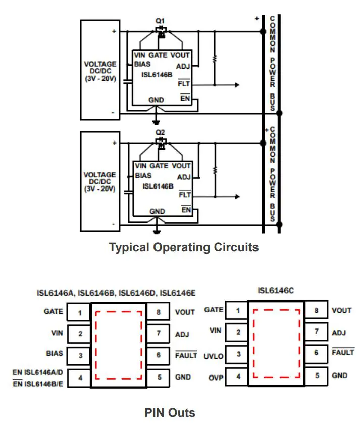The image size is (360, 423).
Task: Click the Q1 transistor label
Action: point(160,21)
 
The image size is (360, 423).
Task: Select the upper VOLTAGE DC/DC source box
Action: point(100,70)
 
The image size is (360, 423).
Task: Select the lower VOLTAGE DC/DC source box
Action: point(100,181)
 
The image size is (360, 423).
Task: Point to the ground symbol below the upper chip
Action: point(157,122)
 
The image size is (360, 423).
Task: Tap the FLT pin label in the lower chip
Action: point(185,194)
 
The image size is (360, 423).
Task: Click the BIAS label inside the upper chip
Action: point(143,65)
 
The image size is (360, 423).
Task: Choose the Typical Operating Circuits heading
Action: point(184,247)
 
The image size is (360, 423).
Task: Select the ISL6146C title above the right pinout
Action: point(276,291)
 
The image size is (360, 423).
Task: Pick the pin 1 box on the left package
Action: point(80,313)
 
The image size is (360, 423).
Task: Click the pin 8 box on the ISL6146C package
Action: point(317,310)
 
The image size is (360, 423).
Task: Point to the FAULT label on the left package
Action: point(186,355)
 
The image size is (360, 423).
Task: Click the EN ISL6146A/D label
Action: point(37,372)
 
